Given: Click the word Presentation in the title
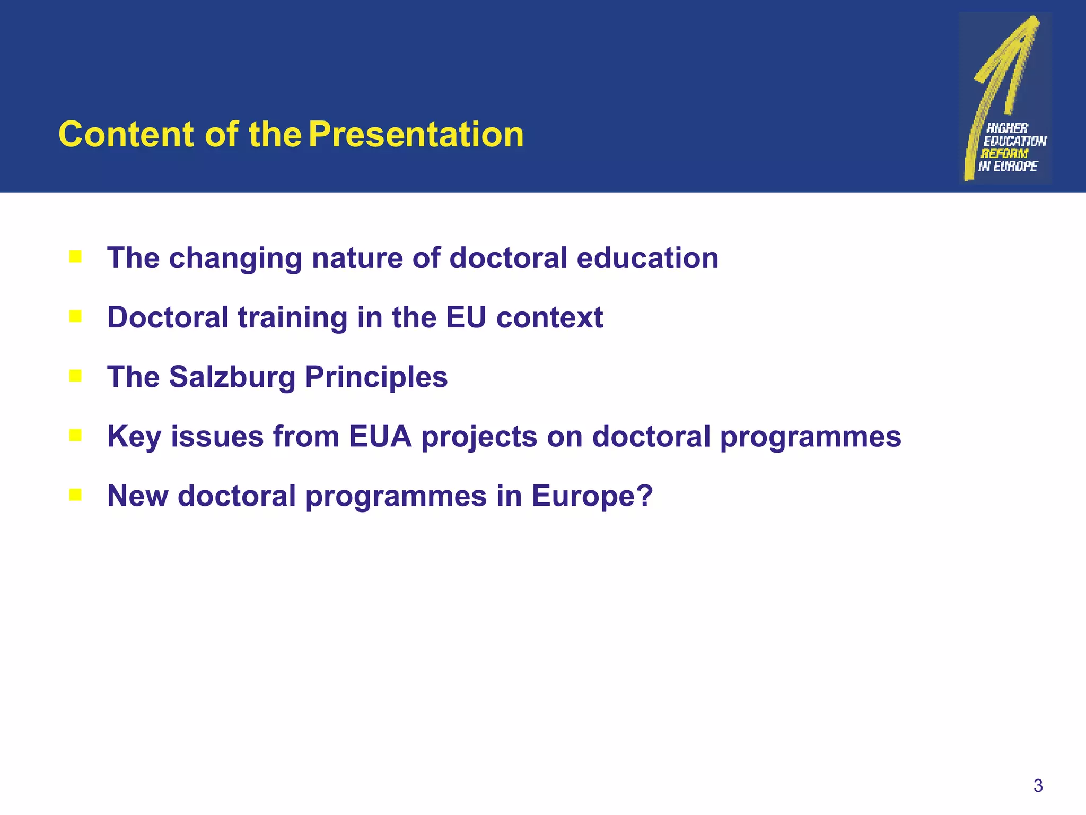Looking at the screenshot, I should click(416, 134).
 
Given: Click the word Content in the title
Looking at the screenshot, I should click(126, 134).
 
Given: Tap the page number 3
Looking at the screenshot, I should click(1038, 785).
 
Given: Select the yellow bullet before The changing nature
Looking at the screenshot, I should click(75, 257).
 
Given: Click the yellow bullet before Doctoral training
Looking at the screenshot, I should click(75, 317).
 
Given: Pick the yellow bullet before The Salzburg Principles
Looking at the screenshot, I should click(75, 376).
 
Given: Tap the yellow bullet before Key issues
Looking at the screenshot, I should click(75, 436).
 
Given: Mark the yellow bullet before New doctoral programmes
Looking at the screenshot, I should click(75, 495).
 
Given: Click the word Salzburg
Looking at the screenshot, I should click(232, 377).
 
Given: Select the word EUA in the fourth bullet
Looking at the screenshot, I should click(380, 437).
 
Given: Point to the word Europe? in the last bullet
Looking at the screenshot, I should click(592, 496).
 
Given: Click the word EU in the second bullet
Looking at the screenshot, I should click(466, 317).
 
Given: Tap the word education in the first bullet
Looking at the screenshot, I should click(647, 258).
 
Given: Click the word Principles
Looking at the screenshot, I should click(376, 377).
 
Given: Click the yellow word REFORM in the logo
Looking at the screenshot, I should click(1004, 153).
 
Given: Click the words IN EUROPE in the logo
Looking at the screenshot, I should click(1008, 166).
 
